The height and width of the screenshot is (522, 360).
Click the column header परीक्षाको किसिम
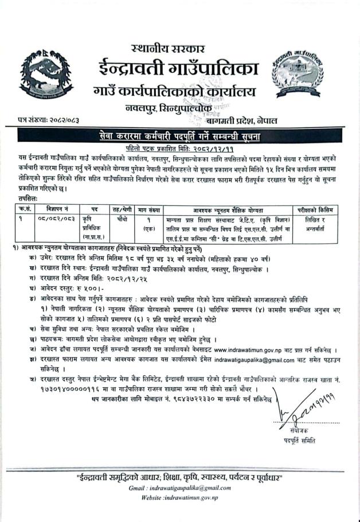(315, 209)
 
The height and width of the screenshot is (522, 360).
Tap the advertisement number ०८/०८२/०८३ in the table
(57, 219)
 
